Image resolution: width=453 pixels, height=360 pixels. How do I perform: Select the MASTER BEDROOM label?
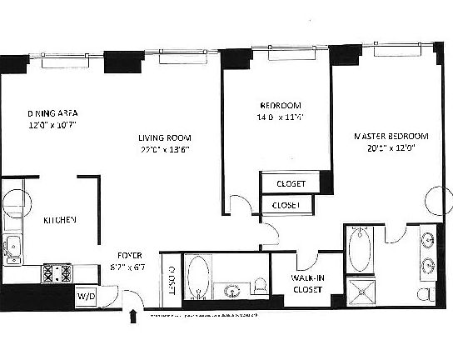(391, 136)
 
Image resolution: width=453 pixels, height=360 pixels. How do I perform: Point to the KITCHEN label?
(60, 220)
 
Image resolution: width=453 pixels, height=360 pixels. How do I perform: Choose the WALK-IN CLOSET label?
(307, 283)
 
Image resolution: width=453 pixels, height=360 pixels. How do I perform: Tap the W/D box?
(86, 296)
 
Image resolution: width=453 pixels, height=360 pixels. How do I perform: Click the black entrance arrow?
(132, 316)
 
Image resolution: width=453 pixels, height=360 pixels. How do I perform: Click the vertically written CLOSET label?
(171, 282)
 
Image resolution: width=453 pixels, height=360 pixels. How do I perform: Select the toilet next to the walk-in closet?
(259, 286)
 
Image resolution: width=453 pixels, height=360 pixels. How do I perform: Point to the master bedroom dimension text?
(391, 148)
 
